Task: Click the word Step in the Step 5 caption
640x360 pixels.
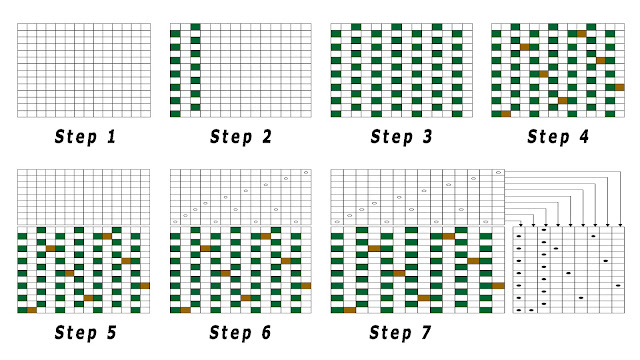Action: click(74, 331)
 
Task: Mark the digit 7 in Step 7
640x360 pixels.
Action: click(428, 331)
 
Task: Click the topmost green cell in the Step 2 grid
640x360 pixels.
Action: click(196, 28)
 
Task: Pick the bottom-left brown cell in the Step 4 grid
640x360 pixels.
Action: click(505, 114)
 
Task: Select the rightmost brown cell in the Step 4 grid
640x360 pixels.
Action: click(619, 87)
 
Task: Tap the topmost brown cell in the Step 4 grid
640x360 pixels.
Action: click(581, 34)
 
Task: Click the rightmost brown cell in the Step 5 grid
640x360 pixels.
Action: click(145, 285)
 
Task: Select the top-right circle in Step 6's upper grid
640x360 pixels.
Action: click(306, 173)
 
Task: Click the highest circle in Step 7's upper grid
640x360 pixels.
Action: click(497, 173)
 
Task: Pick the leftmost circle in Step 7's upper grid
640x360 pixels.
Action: click(337, 221)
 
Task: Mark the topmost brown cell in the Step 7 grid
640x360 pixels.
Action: click(449, 236)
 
